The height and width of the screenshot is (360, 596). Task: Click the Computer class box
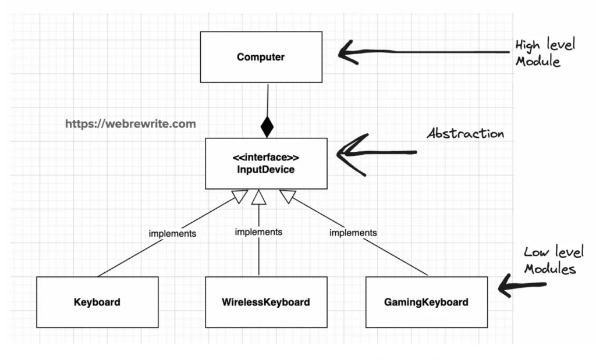point(260,57)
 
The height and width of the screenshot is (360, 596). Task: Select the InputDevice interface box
point(266,163)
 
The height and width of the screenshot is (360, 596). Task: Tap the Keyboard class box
point(97,302)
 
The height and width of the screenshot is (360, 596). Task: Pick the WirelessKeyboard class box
point(265,302)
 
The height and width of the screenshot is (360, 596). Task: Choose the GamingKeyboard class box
point(426,302)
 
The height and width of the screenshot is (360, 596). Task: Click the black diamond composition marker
point(267,126)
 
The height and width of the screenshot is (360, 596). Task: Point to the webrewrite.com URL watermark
point(130,124)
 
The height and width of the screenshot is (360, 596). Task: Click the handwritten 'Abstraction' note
point(465,134)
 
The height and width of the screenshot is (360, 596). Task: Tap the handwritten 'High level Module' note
point(544,53)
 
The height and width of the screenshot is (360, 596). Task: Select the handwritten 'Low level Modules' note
point(552,260)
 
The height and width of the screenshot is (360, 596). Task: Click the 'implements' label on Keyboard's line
point(172,234)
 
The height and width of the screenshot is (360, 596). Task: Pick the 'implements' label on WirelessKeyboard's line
point(258,231)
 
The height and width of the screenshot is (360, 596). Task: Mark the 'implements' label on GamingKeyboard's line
point(353,233)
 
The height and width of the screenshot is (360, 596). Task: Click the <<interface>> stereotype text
point(266,158)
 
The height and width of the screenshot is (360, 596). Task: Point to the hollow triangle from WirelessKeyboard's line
point(259,198)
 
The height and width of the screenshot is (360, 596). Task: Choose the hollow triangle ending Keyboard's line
point(240,197)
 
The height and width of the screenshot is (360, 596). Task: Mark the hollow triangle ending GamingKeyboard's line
point(286,197)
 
